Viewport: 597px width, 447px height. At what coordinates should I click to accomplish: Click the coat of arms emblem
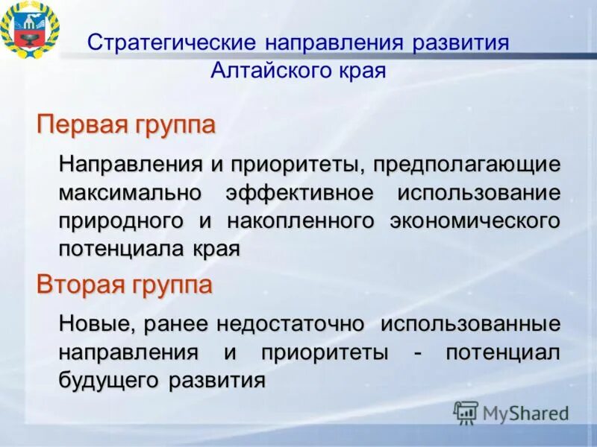tap(30, 30)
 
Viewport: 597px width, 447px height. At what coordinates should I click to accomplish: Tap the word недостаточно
tap(291, 324)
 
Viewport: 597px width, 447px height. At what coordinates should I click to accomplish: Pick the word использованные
tap(470, 324)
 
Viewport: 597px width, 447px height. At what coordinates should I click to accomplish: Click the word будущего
tap(108, 380)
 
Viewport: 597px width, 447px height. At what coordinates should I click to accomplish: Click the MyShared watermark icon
tap(466, 411)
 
